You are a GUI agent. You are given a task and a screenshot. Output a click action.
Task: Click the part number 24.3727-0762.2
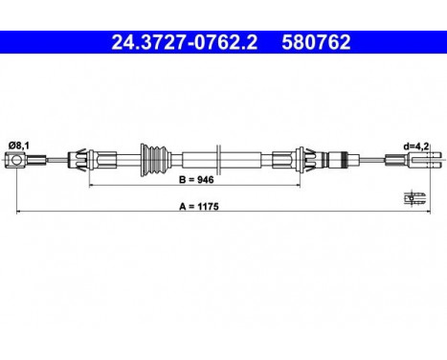(x=176, y=42)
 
